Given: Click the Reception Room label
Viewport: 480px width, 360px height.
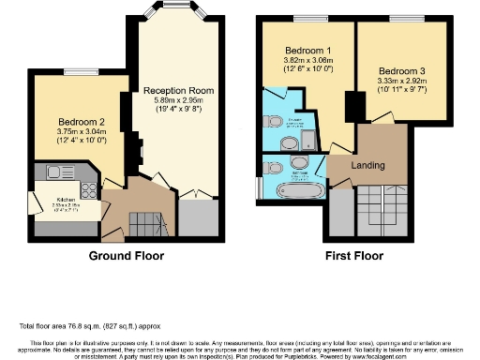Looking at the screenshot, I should coord(179,91).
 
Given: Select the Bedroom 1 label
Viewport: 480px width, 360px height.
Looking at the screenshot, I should coord(307,49).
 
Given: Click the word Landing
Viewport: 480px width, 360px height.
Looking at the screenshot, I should coord(368,166).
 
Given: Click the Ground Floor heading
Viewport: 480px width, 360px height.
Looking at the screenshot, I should coord(126,255).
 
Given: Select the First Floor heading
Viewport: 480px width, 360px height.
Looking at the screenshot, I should coord(354,255).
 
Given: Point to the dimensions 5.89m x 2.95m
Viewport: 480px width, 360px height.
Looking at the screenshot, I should coord(179,102).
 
